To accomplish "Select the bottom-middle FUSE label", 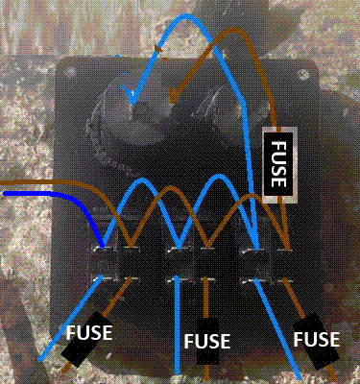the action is coord(207,341).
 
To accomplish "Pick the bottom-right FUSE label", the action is coord(317,339).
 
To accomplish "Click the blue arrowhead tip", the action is coord(132,104).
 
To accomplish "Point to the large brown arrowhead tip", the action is coord(172,103).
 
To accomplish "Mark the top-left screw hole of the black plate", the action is coord(68,72).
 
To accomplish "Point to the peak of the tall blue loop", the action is coord(189,16).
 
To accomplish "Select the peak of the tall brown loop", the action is coord(236,30).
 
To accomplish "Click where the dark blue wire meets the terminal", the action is coord(103,247).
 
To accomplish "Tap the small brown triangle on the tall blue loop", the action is coord(158,49).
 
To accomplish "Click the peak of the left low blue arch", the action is coord(140,180).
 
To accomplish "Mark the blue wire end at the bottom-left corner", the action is coord(39,360).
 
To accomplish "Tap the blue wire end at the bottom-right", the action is coord(300,378).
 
